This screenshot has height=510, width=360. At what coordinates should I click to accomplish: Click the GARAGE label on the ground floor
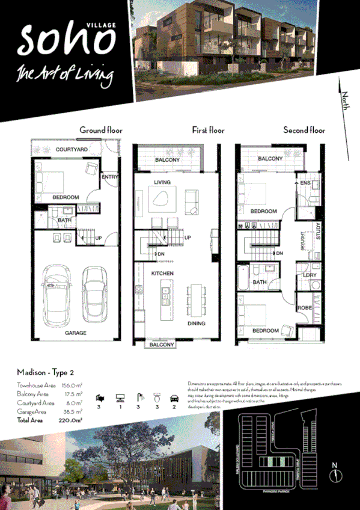coord(76,333)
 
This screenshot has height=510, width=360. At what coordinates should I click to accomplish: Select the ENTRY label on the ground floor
coord(110,177)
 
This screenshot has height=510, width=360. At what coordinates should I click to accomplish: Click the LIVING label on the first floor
coord(162,182)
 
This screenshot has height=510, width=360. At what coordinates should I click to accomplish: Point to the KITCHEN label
coord(162,274)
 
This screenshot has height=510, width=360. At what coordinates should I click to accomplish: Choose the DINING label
coord(196,324)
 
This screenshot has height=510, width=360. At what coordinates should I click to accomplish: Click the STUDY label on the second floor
coord(318,232)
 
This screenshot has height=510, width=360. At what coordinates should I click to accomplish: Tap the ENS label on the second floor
coord(305,182)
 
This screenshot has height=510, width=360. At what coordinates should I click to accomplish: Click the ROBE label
coord(305,308)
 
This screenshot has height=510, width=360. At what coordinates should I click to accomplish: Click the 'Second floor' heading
coord(304,130)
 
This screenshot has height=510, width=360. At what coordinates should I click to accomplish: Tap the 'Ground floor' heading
coord(100,130)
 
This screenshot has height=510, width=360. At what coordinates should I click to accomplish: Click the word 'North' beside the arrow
coord(345,98)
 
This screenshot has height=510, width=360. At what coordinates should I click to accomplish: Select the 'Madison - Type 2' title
coord(46,373)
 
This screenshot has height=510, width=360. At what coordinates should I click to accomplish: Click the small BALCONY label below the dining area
coord(162,345)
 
